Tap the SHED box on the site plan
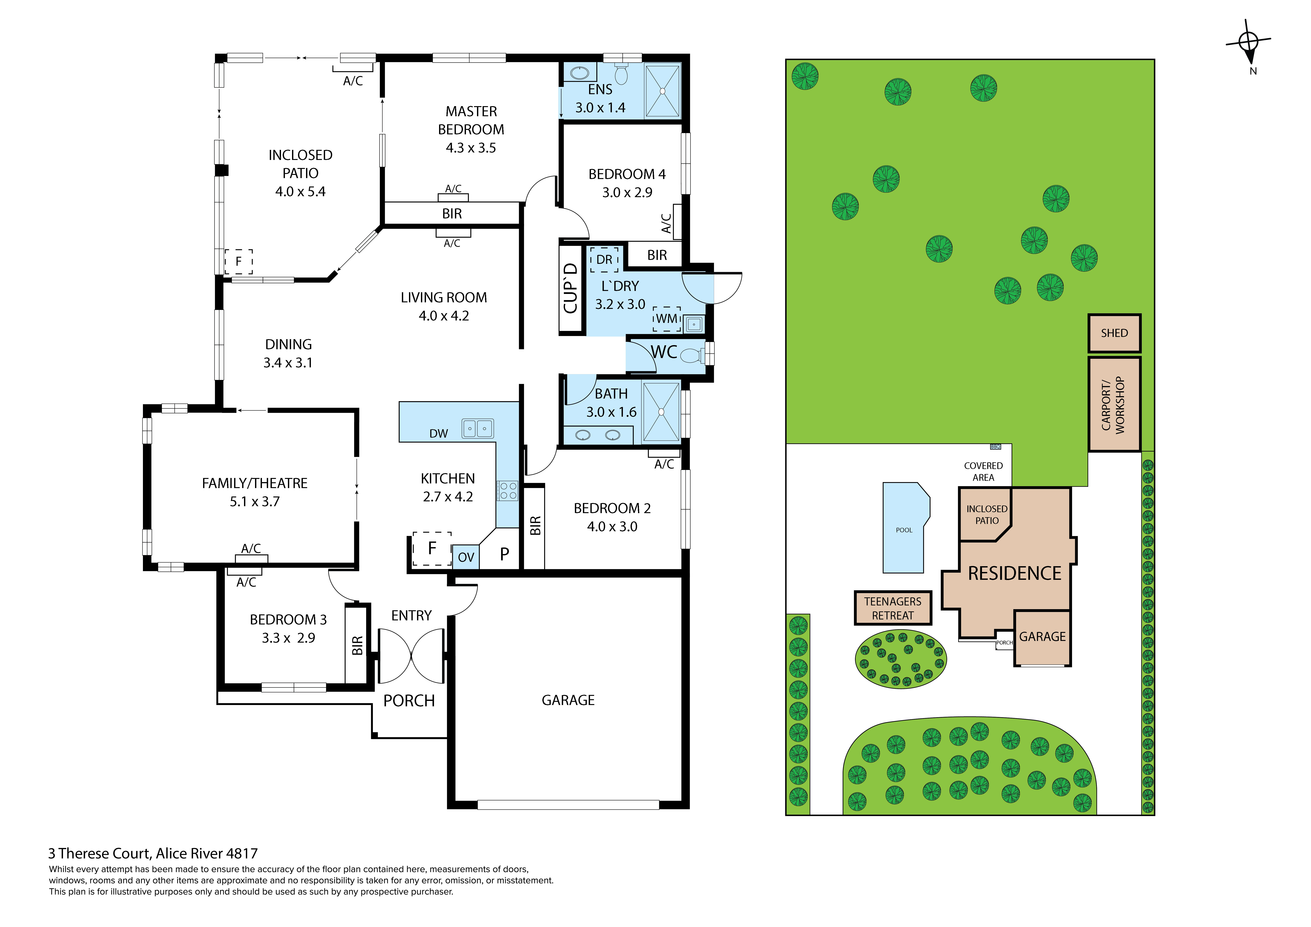[x=1114, y=333]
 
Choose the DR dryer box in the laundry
[x=604, y=259]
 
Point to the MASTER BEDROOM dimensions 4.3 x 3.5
[x=471, y=148]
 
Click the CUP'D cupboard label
[x=570, y=288]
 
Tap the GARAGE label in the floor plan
[x=568, y=700]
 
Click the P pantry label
[x=504, y=554]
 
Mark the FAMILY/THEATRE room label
[x=255, y=483]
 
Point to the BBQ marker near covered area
[x=995, y=447]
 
